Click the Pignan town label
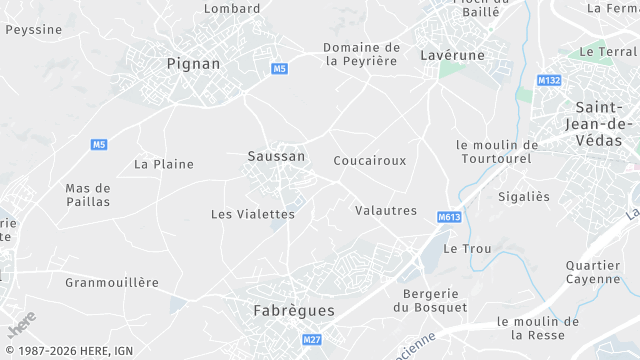pyautogui.click(x=193, y=63)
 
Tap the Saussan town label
pyautogui.click(x=275, y=156)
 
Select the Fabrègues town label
pyautogui.click(x=293, y=311)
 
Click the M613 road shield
pyautogui.click(x=450, y=217)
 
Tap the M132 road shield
pyautogui.click(x=548, y=80)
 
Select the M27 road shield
pyautogui.click(x=312, y=340)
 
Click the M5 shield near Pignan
pyautogui.click(x=279, y=68)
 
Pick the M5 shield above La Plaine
pyautogui.click(x=99, y=145)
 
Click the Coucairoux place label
pyautogui.click(x=369, y=160)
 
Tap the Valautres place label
pyautogui.click(x=385, y=210)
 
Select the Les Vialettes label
pyautogui.click(x=253, y=214)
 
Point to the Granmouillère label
pyautogui.click(x=112, y=282)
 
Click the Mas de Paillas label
pyautogui.click(x=88, y=194)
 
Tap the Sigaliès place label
pyautogui.click(x=524, y=197)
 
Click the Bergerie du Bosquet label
pyautogui.click(x=430, y=300)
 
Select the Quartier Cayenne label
pyautogui.click(x=593, y=272)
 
